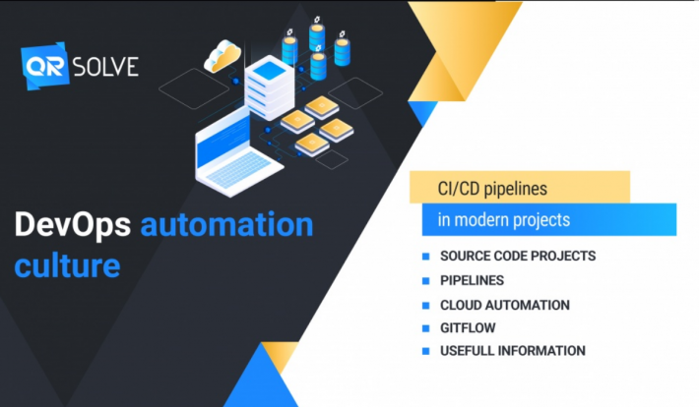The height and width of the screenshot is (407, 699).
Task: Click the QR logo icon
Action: point(44,67)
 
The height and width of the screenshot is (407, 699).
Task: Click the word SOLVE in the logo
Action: point(104,67)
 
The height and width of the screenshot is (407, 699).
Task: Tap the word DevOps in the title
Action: point(72,226)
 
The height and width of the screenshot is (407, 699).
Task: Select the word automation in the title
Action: point(226,226)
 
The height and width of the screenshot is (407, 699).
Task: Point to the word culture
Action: point(67,265)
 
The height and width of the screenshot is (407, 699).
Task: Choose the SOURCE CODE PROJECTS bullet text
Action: point(518,257)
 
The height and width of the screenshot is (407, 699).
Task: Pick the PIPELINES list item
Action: point(473,280)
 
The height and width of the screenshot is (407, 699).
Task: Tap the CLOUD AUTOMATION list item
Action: point(504,305)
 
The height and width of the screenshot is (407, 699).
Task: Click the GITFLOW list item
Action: point(468,327)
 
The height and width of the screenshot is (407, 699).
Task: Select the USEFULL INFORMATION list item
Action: point(513,351)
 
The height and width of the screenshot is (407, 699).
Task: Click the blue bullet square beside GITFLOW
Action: point(426,327)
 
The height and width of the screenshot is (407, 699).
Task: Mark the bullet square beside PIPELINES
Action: point(426,280)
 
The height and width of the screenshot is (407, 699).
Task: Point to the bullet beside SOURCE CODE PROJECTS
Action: point(426,257)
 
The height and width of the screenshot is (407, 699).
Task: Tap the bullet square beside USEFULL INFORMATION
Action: point(426,351)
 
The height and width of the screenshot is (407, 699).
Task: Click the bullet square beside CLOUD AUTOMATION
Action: point(426,305)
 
